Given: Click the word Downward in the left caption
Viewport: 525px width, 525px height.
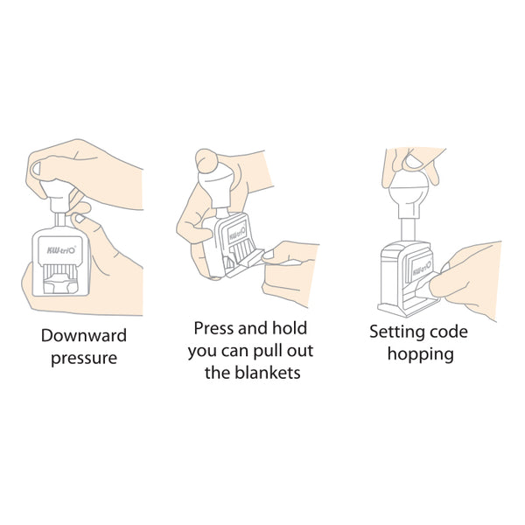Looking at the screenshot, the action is tap(84, 335).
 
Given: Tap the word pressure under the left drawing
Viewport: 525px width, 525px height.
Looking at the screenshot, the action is tap(84, 359).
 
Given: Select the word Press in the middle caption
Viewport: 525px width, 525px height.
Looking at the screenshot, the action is tap(213, 328).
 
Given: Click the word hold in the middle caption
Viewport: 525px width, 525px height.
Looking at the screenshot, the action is tap(290, 328).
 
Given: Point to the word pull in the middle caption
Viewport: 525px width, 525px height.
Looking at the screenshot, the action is tap(267, 351).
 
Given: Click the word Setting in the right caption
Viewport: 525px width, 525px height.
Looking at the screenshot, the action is tap(396, 332).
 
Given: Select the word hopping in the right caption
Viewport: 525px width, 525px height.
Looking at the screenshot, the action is tap(421, 354).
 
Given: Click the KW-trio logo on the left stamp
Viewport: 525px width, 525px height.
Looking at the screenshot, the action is tap(60, 249).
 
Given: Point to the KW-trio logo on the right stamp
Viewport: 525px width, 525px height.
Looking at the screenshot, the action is tap(422, 268).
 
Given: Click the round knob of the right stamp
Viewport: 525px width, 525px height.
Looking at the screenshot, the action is tap(409, 187).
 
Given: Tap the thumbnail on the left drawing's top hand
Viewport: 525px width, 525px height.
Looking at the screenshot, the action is tap(36, 168).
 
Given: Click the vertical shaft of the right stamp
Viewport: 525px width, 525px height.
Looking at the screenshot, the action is tap(408, 229).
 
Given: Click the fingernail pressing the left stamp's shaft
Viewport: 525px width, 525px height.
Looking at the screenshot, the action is tap(80, 218).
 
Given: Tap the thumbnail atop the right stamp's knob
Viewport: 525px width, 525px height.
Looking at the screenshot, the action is tap(414, 162).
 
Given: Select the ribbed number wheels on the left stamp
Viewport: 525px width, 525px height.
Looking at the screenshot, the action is tap(60, 269).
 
